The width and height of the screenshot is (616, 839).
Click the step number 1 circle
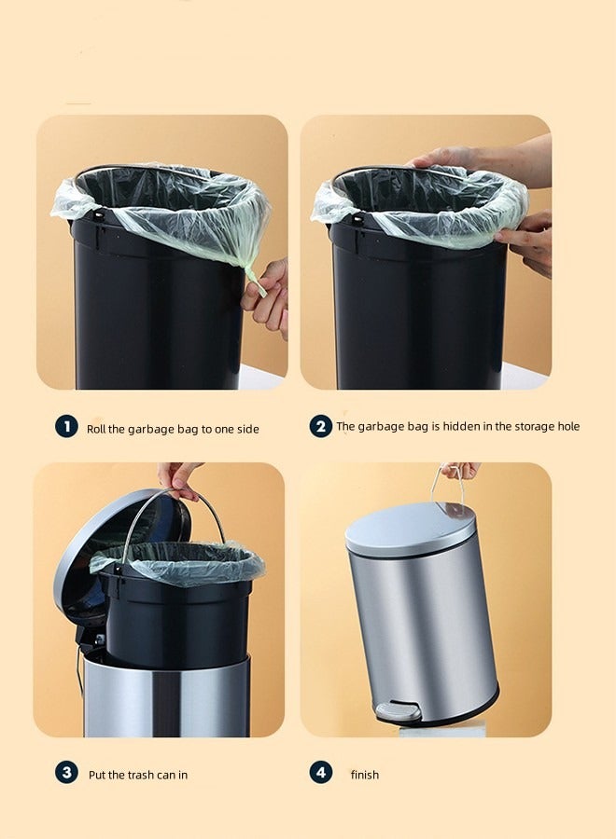point(66,427)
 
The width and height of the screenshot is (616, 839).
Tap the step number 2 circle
point(321,426)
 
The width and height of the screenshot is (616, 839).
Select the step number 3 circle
point(66,773)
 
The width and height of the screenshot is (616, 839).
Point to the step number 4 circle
point(321,773)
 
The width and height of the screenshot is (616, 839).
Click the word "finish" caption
point(365,775)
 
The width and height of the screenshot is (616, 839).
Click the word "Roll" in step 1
point(98,429)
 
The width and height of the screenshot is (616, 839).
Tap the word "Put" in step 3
point(98,776)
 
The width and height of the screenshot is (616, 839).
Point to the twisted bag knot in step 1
point(252,276)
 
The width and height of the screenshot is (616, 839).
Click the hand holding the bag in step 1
point(269,296)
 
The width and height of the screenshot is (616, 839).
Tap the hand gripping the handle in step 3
point(179,477)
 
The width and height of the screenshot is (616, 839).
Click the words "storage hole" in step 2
point(545,427)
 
